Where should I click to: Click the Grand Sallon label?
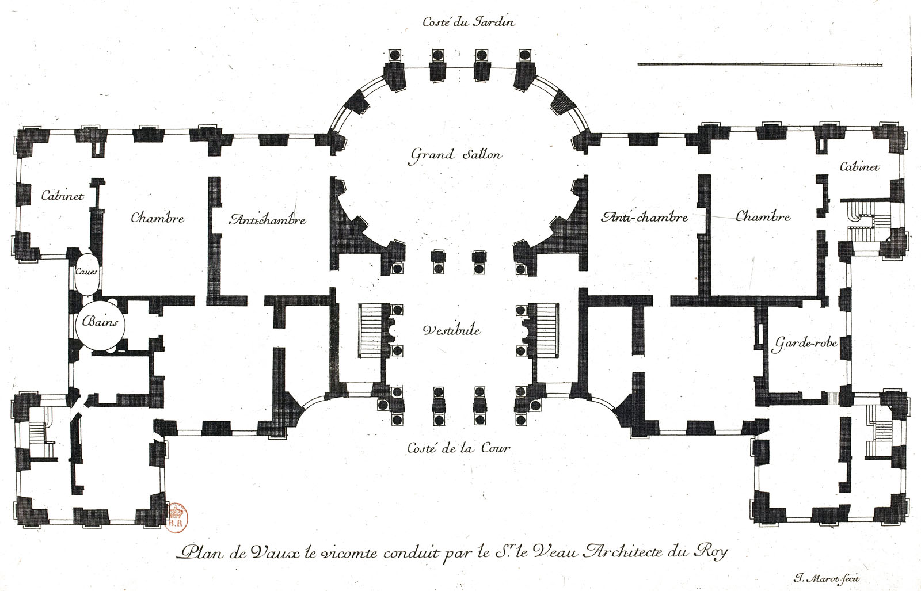(456, 155)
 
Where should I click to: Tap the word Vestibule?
(451, 330)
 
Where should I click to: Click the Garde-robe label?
(804, 344)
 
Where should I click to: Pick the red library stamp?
(177, 517)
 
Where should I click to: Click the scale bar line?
(760, 64)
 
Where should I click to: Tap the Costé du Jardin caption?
(469, 21)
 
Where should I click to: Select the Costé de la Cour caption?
(459, 448)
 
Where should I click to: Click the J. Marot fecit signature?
(827, 579)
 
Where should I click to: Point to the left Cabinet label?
(63, 196)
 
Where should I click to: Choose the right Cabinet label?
(859, 167)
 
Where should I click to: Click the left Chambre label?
(158, 218)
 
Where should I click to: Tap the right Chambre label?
(763, 216)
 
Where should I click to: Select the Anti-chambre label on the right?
(644, 216)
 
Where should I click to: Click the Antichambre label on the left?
(267, 219)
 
